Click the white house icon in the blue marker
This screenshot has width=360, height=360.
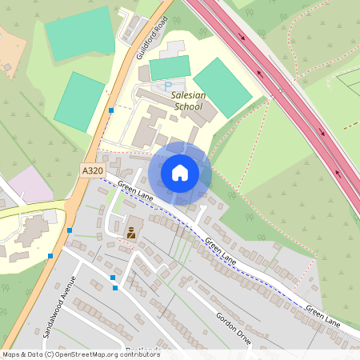[180, 173]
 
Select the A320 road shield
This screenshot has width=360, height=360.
[91, 171]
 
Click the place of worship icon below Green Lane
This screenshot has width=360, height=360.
[131, 233]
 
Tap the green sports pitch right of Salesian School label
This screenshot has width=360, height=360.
[223, 87]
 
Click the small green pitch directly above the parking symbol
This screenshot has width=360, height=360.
[170, 67]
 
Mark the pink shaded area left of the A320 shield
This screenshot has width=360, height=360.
[30, 185]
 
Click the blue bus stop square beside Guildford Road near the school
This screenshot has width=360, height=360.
[111, 110]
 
